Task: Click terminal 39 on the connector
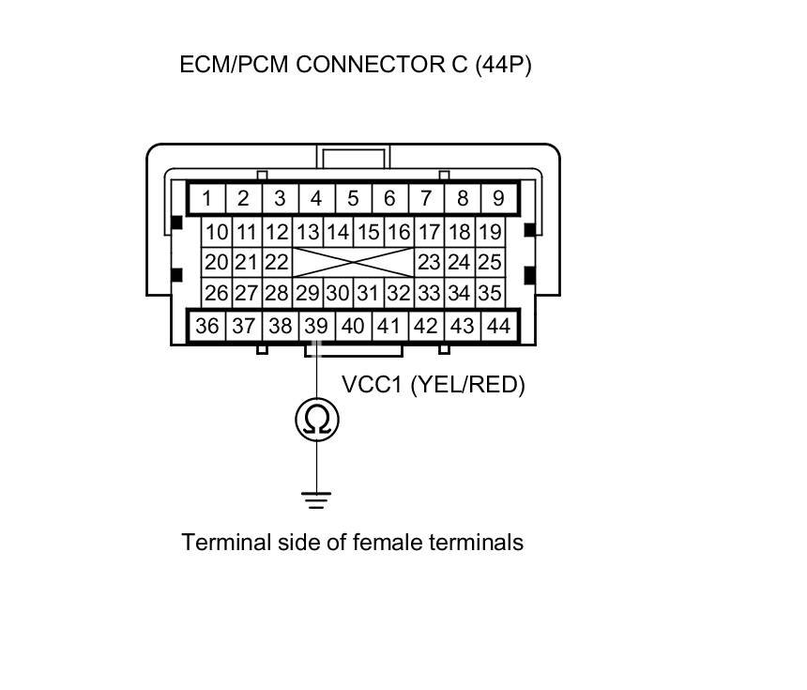click(316, 327)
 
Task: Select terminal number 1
click(206, 198)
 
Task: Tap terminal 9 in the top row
click(498, 198)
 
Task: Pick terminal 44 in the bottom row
click(498, 327)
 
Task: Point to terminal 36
click(206, 327)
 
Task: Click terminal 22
click(277, 262)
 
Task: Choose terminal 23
click(429, 262)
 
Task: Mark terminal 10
click(217, 232)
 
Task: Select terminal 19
click(489, 232)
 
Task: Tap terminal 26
click(217, 293)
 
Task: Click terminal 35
click(489, 293)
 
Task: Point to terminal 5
click(353, 198)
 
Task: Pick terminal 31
click(368, 293)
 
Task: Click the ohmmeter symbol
click(316, 421)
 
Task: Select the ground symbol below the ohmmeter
click(316, 498)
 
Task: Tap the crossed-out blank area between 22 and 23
click(353, 262)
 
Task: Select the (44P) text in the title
click(503, 66)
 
